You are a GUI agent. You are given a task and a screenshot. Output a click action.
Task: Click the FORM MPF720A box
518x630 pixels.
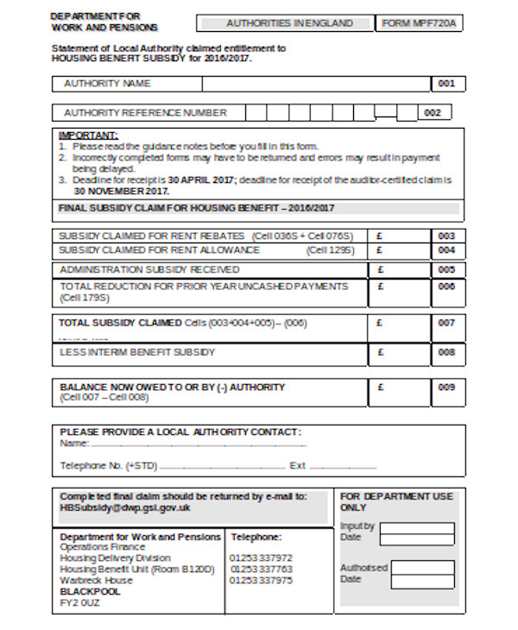point(419,23)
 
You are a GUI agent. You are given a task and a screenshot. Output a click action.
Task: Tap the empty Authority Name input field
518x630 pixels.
point(316,85)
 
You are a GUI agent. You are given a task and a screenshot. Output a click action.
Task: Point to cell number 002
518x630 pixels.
point(433,113)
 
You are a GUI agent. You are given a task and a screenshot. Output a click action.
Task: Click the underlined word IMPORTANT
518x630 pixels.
point(88,136)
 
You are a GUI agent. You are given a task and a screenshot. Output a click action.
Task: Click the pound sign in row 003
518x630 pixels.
point(381,236)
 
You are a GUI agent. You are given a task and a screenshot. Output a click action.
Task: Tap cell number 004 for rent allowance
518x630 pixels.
point(445,250)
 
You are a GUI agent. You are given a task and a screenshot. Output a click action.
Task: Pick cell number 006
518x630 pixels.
point(445,287)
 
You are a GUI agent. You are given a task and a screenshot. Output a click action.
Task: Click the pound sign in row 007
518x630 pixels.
point(381,324)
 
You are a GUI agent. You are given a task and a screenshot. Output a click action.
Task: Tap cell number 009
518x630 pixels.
point(445,387)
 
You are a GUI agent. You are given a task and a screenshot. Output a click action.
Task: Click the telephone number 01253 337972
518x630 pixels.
point(261,558)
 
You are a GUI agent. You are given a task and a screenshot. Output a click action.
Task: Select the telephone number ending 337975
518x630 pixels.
point(261,580)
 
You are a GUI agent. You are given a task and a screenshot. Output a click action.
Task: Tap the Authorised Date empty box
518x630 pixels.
point(417,573)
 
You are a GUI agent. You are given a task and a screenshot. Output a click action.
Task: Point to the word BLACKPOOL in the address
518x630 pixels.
point(90,592)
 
